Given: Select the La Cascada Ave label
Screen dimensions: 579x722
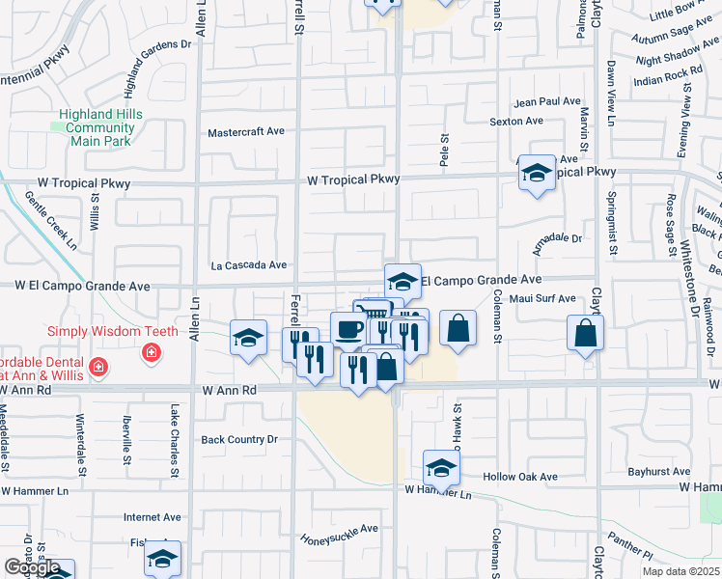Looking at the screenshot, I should coord(249,264).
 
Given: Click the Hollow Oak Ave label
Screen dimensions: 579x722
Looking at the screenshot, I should coord(520,477).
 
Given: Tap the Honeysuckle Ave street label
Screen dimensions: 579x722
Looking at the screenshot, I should coord(338,534).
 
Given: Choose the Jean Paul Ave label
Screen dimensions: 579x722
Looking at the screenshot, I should coord(547,101).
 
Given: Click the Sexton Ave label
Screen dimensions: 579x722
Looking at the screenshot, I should coord(516,122).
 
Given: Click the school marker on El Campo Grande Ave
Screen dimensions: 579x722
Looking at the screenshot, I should coord(403,281).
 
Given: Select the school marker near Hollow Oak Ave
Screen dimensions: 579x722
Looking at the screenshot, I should coord(441,467).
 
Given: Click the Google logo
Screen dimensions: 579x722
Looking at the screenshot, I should coord(32,568).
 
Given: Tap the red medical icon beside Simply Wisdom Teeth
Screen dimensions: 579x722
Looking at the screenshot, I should coord(151,354).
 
